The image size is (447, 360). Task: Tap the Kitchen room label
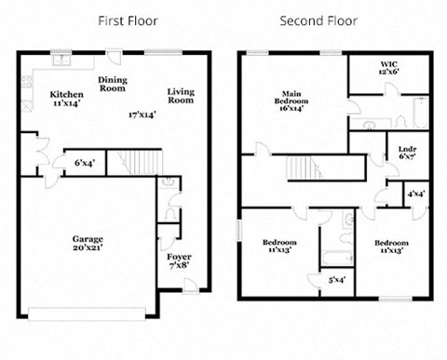[66, 99]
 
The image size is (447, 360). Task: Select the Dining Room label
[113, 85]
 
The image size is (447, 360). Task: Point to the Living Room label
[181, 95]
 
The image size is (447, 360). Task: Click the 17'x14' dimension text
[142, 114]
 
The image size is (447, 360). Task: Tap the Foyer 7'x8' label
[179, 260]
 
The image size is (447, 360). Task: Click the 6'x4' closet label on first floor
[85, 163]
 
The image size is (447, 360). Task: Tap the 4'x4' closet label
[416, 194]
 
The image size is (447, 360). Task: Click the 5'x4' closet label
[335, 279]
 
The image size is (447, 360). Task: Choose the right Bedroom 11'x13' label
[392, 247]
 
